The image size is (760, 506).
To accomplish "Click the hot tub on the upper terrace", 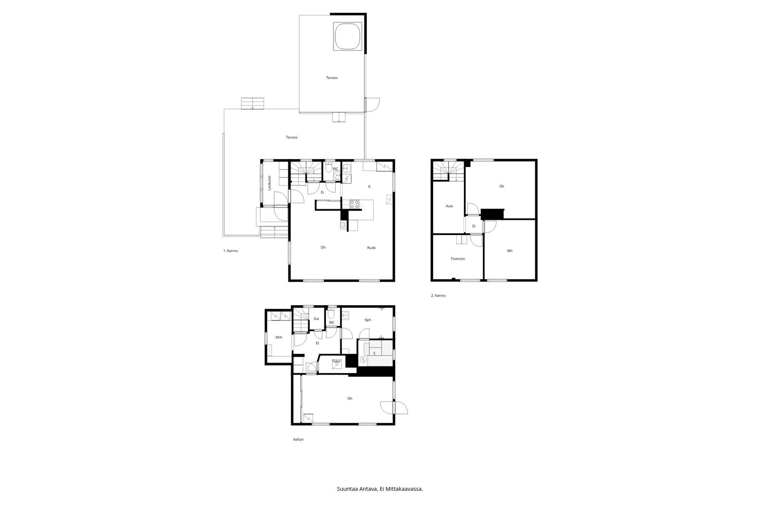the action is click(348, 36).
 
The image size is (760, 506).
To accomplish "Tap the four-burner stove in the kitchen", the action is click(354, 204).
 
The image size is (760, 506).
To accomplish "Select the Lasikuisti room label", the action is click(269, 182).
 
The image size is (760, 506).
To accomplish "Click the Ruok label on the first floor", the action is click(371, 248).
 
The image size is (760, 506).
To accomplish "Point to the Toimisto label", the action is click(458, 259).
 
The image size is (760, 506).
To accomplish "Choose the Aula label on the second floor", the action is click(449, 206).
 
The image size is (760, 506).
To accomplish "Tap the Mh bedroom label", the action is click(510, 251).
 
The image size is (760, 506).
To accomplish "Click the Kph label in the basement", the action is click(368, 320).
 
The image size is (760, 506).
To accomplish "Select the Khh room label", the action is click(279, 337).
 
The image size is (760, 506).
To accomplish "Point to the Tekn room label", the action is click(336, 362).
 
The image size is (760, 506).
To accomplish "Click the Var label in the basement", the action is click(316, 319).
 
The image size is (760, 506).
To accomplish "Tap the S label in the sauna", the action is click(374, 353).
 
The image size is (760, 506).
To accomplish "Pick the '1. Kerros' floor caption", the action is click(230, 251).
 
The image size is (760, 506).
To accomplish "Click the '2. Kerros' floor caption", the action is click(438, 296).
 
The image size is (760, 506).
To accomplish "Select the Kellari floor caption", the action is click(298, 440).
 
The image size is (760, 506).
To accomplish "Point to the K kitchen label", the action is click(370, 187).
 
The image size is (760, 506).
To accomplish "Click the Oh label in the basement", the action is click(350, 399).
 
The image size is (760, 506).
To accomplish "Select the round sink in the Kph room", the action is click(345, 316).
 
